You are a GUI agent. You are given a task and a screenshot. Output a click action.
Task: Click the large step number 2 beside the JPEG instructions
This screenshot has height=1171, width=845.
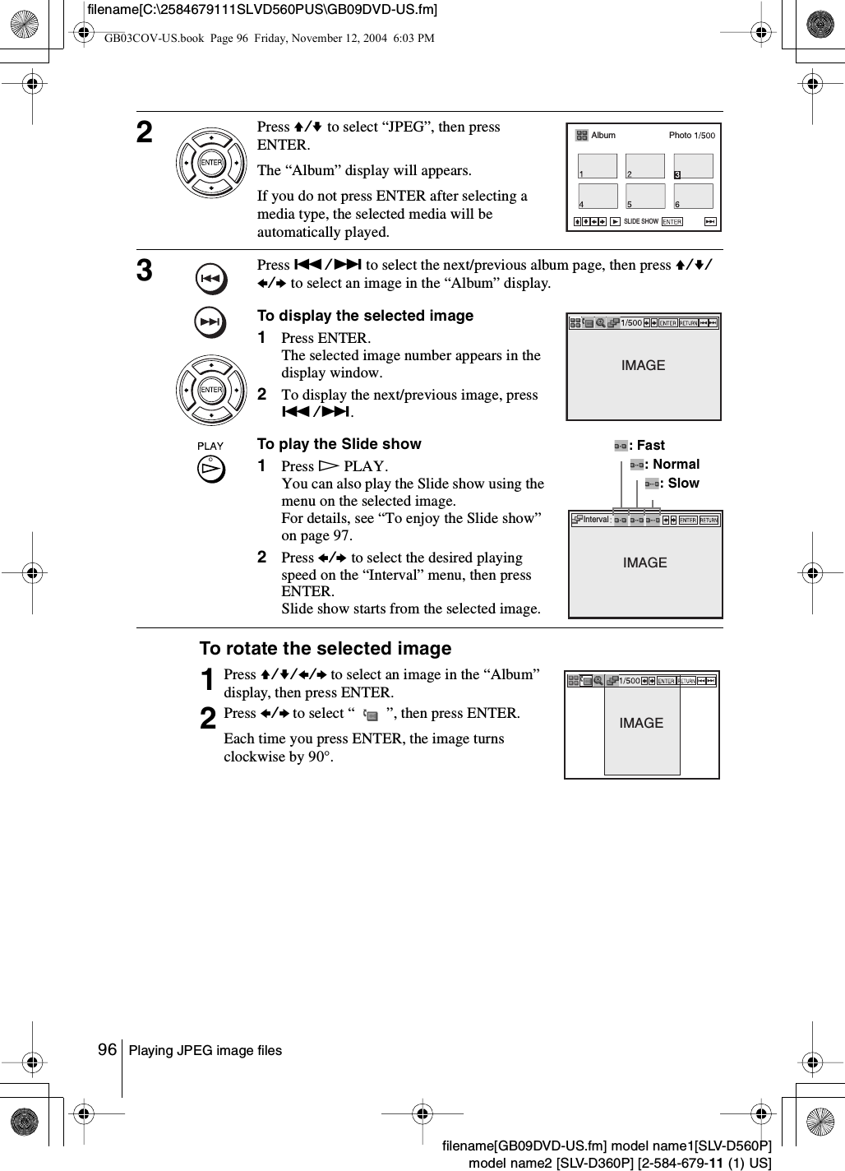point(145,132)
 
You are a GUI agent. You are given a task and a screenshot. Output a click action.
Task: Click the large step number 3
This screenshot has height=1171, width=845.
point(145,270)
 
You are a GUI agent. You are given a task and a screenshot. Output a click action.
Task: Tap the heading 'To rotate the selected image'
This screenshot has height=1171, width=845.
point(325,649)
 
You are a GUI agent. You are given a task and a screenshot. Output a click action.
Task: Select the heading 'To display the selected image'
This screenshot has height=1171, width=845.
point(365,316)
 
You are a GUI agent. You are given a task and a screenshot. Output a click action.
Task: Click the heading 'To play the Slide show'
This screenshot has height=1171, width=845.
point(339,444)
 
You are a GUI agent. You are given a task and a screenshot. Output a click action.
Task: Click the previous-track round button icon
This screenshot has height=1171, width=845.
point(211,280)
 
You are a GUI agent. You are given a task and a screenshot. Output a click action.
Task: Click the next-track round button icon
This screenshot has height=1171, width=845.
point(211,322)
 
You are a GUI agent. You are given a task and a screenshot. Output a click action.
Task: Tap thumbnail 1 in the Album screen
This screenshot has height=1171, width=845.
point(598,166)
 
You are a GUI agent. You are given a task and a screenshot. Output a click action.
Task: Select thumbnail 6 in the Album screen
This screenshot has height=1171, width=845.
point(694,197)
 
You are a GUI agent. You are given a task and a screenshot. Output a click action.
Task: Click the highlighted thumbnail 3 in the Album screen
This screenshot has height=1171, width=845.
point(694,166)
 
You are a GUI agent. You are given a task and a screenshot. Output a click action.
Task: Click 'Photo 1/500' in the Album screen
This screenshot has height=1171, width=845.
point(691,136)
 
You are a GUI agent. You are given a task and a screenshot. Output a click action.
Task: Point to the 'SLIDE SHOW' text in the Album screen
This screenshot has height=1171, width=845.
point(640,222)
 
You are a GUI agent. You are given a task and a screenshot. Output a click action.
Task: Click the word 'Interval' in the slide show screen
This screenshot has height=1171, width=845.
point(596,520)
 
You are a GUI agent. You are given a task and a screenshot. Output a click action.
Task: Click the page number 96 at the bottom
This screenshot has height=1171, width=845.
point(108,1050)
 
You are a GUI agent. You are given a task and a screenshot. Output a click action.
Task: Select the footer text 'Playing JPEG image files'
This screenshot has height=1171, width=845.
point(205,1051)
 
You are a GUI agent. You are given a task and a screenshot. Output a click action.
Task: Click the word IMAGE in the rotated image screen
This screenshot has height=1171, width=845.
point(641,724)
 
